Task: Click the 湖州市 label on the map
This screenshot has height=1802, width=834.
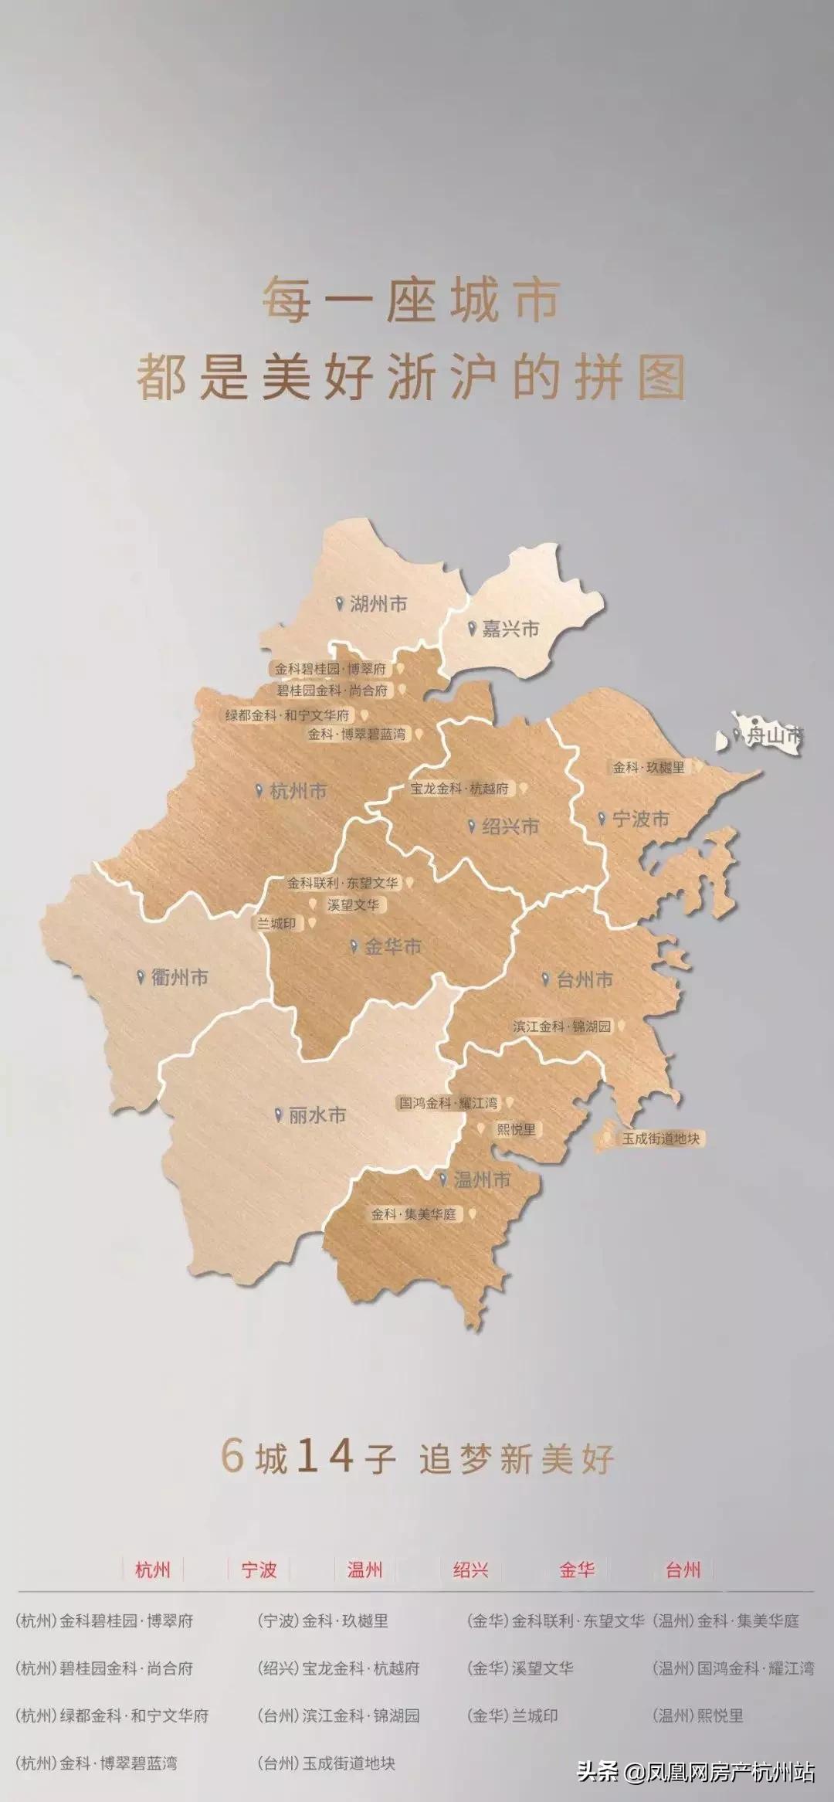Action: tap(378, 604)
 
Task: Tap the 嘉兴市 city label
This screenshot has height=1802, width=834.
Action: tap(510, 630)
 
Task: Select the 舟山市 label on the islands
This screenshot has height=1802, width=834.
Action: tap(773, 735)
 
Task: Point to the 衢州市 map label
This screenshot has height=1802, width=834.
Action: tap(180, 977)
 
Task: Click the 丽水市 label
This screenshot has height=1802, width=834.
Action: tap(317, 1115)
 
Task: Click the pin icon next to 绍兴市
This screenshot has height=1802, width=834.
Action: tap(472, 826)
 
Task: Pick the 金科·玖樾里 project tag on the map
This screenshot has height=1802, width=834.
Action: tap(649, 768)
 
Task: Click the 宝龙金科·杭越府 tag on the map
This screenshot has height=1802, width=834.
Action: tap(460, 789)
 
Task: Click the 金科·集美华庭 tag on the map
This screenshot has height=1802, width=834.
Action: tap(414, 1214)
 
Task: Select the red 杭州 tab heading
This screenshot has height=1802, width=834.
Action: tap(153, 1570)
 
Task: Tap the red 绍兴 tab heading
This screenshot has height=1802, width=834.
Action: tap(471, 1570)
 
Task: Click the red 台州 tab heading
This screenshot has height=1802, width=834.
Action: tap(683, 1570)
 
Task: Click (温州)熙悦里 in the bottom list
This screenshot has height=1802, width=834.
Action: tap(697, 1715)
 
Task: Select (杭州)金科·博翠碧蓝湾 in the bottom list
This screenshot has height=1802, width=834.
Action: tap(97, 1763)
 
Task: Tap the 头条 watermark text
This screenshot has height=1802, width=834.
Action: tap(598, 1771)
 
